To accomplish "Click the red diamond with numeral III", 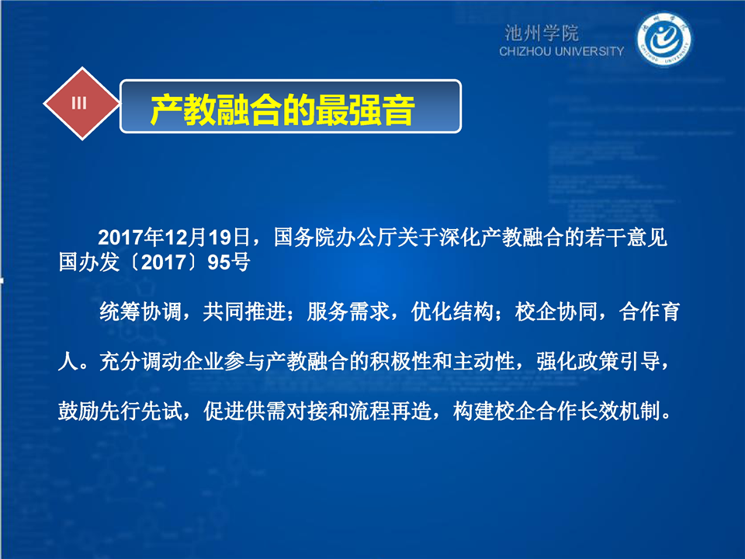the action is (81, 103).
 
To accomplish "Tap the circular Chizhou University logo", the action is (664, 40).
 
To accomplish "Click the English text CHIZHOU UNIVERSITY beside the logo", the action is (561, 51).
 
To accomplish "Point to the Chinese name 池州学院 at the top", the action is (542, 33).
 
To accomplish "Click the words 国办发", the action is (88, 262).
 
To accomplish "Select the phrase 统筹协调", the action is (140, 312).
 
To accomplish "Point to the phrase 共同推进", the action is (244, 312).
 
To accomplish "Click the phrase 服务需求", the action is (348, 312).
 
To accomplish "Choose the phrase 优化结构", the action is (452, 312).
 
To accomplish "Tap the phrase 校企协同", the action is (556, 312).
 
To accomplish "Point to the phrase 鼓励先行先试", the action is (120, 411).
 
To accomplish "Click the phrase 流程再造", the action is (390, 411).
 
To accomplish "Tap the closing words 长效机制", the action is (619, 411).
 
